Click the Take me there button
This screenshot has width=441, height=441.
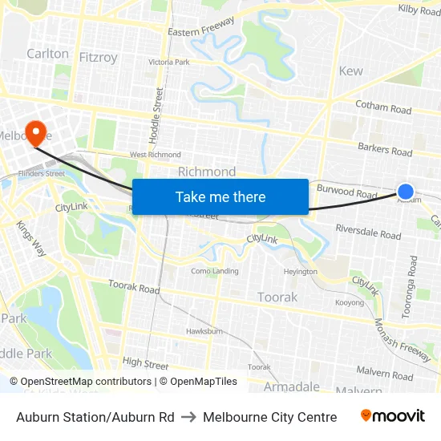(220, 196)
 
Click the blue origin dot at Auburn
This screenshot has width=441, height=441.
(406, 192)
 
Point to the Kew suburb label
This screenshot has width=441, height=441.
(350, 71)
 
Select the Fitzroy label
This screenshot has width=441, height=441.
(99, 57)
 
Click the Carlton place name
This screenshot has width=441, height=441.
(47, 54)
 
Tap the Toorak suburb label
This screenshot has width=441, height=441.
(277, 297)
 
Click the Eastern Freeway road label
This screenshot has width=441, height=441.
(200, 27)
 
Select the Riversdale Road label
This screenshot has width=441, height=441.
(368, 235)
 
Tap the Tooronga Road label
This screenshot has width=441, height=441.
(411, 287)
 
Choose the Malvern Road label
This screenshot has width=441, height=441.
(386, 374)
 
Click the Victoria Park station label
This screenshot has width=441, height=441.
(169, 62)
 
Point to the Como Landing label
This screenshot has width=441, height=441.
(214, 271)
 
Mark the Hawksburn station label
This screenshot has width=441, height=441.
(204, 330)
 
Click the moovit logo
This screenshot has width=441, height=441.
(393, 416)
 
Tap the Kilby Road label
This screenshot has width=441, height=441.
(419, 9)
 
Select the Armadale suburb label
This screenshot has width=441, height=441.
(292, 387)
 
